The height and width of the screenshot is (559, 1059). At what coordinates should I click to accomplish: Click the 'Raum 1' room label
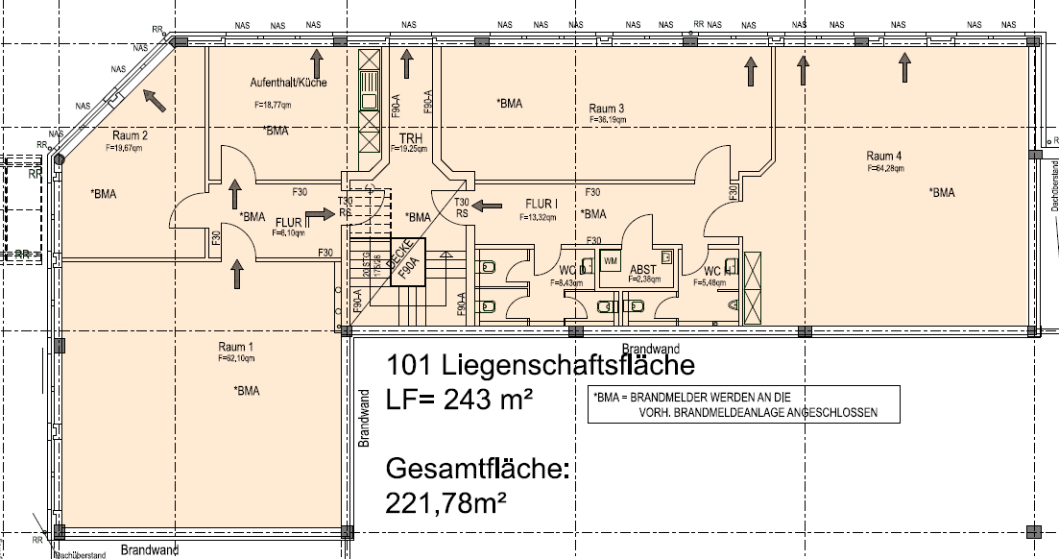pos(234,347)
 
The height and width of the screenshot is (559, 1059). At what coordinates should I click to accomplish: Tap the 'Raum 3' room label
pos(607,109)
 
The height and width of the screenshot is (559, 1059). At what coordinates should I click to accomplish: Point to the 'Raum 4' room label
pos(884,156)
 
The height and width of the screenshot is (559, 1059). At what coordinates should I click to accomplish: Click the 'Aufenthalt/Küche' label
pos(291,83)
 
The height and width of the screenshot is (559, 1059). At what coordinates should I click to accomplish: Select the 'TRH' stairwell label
pos(411,137)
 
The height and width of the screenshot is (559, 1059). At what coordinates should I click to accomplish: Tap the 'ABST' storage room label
pos(642,270)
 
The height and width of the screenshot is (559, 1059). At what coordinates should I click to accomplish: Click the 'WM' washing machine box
pos(611,261)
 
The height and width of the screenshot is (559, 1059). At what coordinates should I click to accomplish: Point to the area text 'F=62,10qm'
pos(233,358)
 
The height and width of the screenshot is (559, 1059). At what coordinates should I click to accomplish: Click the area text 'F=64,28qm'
pos(884,168)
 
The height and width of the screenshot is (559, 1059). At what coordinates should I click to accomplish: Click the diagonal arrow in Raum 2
pos(152,98)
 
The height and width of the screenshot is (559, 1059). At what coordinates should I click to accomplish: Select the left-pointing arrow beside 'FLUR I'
pos(488,205)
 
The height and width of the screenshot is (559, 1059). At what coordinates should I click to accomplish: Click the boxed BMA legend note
pos(745,403)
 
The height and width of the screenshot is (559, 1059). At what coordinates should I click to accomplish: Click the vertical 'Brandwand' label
pos(365,419)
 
